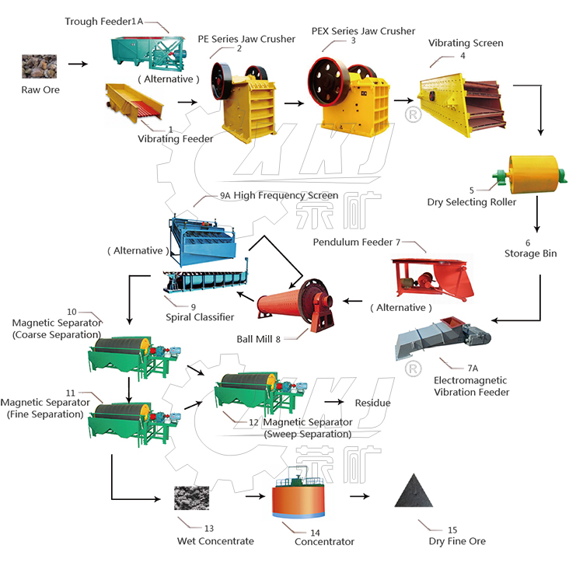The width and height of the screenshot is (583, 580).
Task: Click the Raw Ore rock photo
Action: coord(39,67)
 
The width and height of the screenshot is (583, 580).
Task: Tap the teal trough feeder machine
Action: coord(148,53)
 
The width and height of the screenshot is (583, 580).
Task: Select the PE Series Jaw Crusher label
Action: coord(246,39)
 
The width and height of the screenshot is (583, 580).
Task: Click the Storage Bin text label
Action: coord(531,253)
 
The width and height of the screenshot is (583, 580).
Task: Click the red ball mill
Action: coord(295,305)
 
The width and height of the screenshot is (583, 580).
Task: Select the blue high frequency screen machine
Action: coord(203,240)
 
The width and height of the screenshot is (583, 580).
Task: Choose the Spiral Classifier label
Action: coord(200,317)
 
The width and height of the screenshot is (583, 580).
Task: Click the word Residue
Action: coord(373,403)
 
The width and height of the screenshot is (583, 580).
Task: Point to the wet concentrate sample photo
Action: coord(191,498)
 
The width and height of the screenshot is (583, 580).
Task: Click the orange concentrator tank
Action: coord(298,496)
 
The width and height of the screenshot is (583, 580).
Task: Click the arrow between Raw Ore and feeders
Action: coord(78,64)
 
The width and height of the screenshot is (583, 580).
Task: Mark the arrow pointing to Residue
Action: coord(334,402)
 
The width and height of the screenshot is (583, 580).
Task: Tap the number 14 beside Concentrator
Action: coord(315,533)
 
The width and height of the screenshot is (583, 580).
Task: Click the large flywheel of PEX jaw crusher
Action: coord(327,82)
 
